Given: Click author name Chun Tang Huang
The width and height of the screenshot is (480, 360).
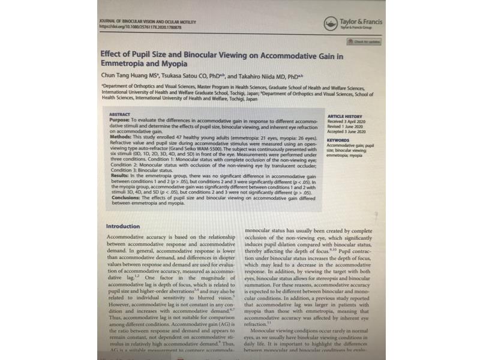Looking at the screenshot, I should (125, 76).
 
